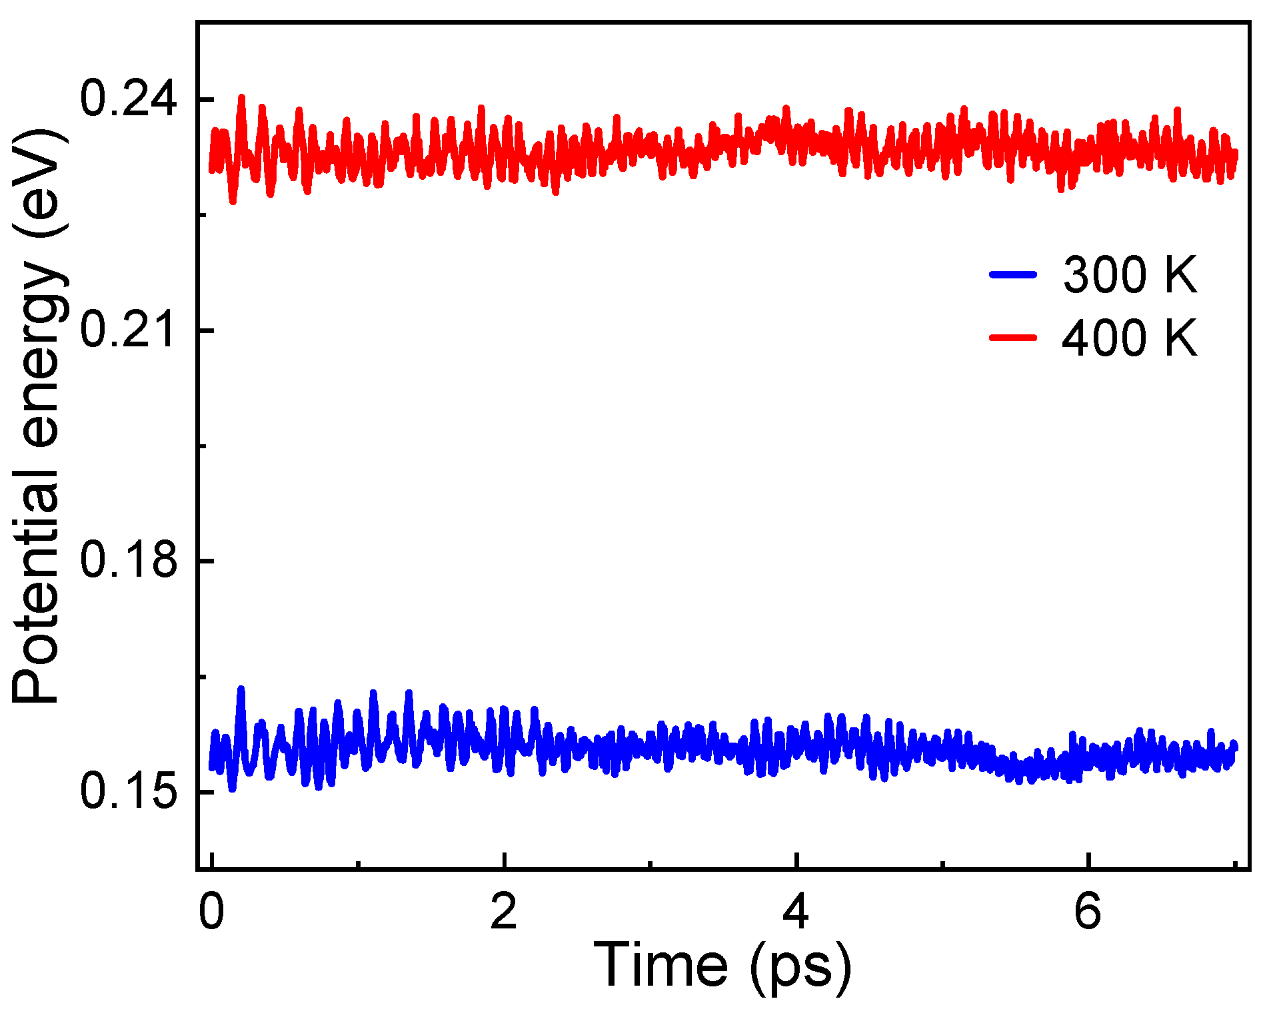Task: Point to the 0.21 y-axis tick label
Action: click(129, 330)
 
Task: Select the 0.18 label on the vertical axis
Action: click(129, 560)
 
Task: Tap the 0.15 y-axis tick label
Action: click(129, 791)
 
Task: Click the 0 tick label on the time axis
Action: click(211, 912)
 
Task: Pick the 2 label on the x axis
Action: click(504, 912)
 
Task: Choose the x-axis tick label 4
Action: click(796, 912)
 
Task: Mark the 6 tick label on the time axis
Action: click(1088, 912)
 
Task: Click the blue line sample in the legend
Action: click(1013, 274)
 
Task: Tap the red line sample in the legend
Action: click(1013, 337)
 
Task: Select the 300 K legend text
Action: click(1130, 274)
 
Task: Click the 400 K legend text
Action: click(1130, 338)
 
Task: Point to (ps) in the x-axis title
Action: click(800, 967)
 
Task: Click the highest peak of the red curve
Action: click(241, 97)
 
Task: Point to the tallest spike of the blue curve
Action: click(241, 689)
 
